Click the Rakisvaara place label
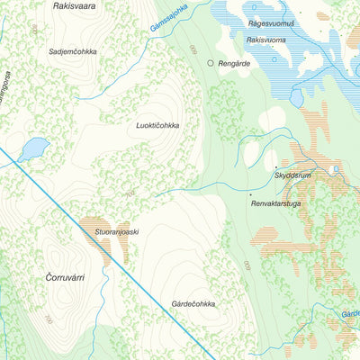coord(76,5)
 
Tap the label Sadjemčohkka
coord(75,52)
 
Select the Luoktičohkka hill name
coord(157,126)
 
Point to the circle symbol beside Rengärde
coord(211,64)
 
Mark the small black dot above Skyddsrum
coord(276,167)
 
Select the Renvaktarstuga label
coord(280,204)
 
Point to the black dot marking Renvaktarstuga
coord(249,194)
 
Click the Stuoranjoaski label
coord(116,231)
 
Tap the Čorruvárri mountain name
coord(64,278)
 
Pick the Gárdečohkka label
coord(193,304)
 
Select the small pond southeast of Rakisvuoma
coord(297,97)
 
